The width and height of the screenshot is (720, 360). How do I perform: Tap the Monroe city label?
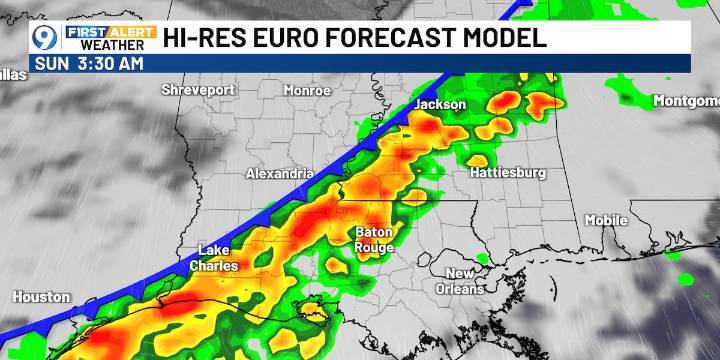click(x=307, y=90)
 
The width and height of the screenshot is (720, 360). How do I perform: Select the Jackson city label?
click(x=441, y=104)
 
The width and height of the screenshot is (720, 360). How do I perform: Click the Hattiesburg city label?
click(x=508, y=173)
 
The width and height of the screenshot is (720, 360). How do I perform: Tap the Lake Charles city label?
click(x=215, y=258)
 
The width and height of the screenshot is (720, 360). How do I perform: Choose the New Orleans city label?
click(x=465, y=281)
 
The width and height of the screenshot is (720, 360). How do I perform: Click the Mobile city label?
click(x=606, y=220)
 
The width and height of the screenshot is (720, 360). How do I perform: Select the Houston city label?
click(x=42, y=297)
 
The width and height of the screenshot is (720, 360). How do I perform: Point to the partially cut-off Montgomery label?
click(x=686, y=101)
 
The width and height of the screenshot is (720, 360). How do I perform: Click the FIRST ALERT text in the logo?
click(x=111, y=31)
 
